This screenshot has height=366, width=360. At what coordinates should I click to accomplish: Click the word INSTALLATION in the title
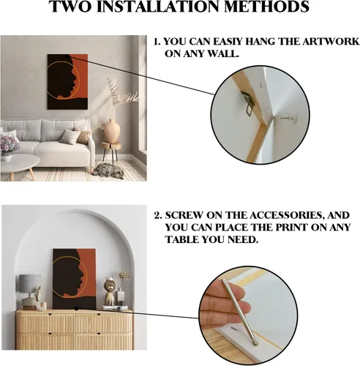point(160,7)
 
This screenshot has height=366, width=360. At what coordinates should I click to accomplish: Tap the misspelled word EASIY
point(228,42)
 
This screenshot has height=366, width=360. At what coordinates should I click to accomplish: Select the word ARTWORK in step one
point(331,42)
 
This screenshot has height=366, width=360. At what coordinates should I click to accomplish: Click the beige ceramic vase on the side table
point(112,131)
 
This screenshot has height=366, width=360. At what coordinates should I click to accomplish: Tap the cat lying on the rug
point(108,171)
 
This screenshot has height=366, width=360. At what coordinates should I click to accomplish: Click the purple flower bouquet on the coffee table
point(10,144)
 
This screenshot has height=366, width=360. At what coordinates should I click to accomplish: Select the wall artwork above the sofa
point(67,82)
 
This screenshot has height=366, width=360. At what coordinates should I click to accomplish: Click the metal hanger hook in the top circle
point(248,103)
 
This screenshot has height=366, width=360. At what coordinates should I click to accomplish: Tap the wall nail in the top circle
point(289,119)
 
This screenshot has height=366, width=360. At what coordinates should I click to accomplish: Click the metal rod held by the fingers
point(239,312)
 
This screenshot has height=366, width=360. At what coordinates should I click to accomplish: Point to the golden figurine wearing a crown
point(109,291)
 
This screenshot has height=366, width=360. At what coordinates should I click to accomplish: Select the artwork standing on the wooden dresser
point(74,279)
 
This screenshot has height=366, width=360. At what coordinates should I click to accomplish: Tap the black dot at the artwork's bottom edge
point(76,309)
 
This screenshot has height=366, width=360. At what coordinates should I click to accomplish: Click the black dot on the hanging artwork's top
point(67,56)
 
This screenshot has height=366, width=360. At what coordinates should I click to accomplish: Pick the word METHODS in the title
point(267,7)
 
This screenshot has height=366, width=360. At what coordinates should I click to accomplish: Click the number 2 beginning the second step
point(157,216)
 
